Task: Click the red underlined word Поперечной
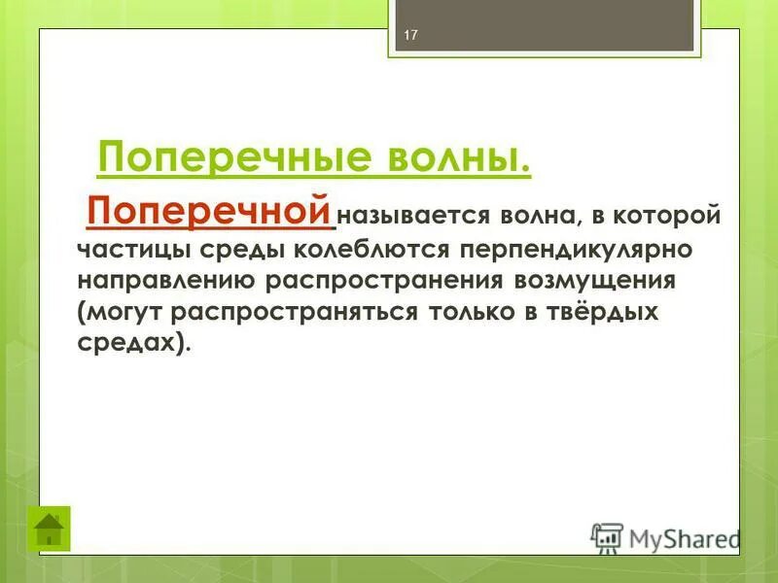(x=209, y=211)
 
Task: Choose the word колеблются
(x=374, y=249)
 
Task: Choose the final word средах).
(x=131, y=345)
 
